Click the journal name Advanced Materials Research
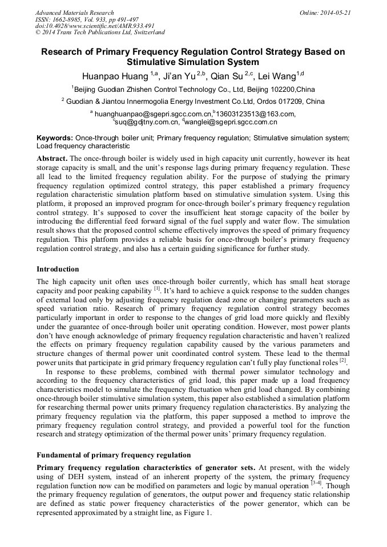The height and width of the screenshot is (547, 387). pos(75,13)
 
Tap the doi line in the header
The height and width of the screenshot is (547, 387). pos(95,26)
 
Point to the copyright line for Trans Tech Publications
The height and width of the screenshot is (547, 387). pos(100,33)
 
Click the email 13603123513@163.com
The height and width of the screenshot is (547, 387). pos(255,114)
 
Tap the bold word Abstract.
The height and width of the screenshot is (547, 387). pos(52,157)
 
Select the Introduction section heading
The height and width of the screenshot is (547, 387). pos(58,269)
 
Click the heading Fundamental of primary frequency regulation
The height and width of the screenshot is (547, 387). pos(114,455)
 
